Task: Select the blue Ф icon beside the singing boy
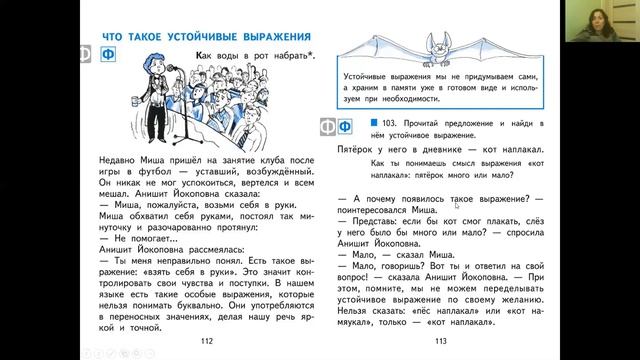[x=112, y=56]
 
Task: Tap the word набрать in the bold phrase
[x=292, y=56]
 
